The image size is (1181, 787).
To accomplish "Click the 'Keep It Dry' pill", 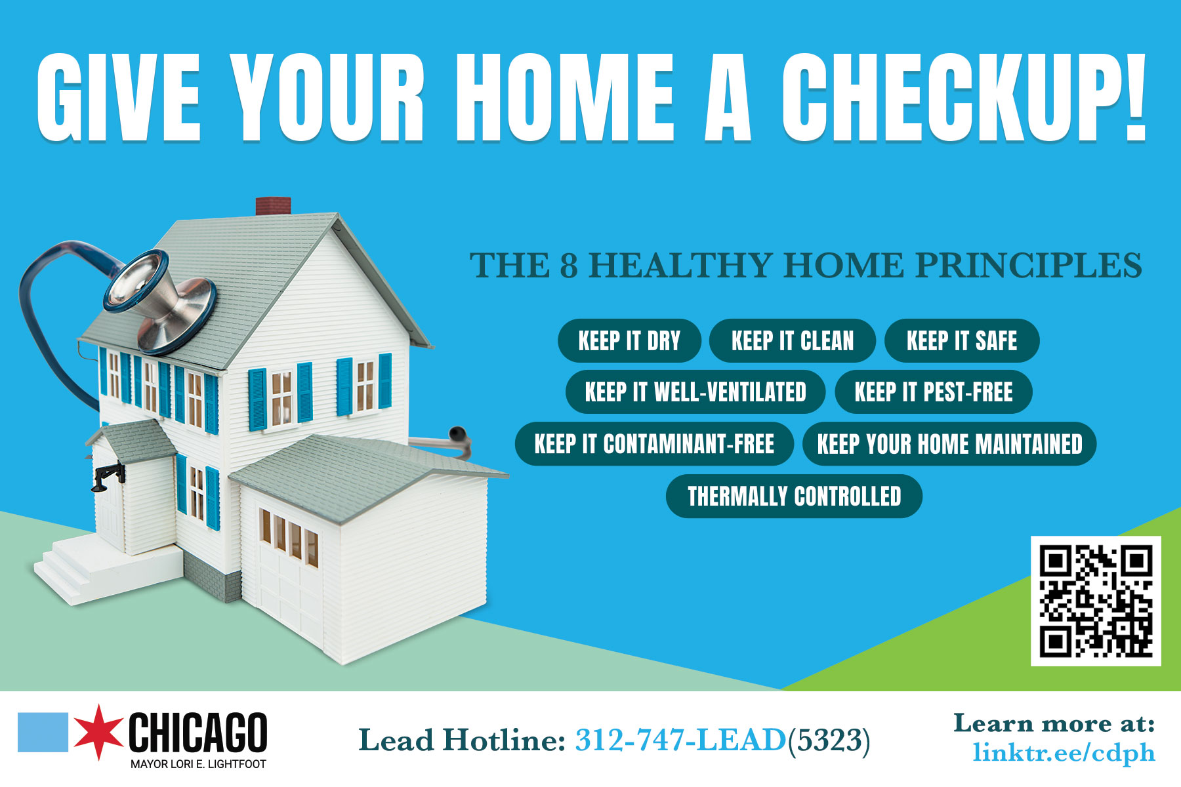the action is tap(629, 341).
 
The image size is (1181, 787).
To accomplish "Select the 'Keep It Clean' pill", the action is tap(793, 341).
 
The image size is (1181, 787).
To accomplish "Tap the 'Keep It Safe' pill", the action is tap(962, 341).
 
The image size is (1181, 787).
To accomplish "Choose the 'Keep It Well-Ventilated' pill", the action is tap(695, 392).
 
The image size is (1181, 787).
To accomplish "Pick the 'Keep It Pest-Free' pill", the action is tap(934, 392).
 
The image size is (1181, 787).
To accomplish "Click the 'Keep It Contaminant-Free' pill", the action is tap(654, 444).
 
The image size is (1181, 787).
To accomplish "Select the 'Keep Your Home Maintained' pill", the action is tap(949, 444).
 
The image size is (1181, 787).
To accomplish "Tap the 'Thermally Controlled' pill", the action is tap(794, 496).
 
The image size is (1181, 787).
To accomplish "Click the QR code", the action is tap(1096, 601).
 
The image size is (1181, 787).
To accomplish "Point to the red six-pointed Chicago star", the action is tap(98, 733).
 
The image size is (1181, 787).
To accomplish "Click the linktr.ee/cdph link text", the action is tap(1064, 753).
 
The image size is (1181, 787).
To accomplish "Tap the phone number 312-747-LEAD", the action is tap(680, 740).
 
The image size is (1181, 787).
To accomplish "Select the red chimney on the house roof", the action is tap(273, 206).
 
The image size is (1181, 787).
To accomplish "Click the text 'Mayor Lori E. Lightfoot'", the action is tap(198, 764).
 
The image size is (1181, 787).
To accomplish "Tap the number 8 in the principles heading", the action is tap(568, 266).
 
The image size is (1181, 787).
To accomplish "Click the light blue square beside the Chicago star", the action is tap(43, 732).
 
